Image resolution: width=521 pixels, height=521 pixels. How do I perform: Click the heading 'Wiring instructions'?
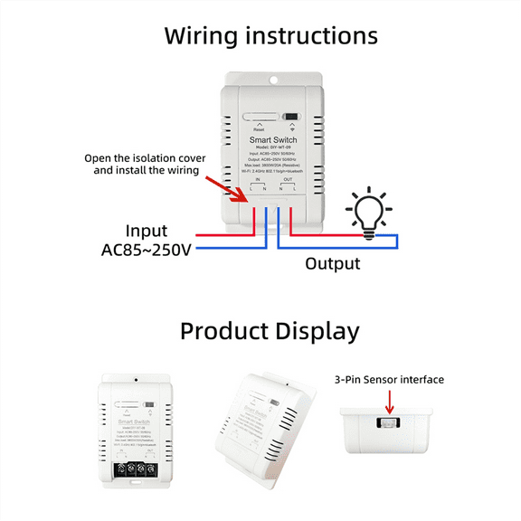point(270,37)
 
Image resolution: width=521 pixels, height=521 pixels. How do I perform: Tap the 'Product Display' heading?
point(270,331)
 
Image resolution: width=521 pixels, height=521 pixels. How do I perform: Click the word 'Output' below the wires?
point(332,264)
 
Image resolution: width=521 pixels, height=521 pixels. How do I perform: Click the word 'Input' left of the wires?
point(147,231)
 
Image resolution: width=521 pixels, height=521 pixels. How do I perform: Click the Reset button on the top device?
point(260,118)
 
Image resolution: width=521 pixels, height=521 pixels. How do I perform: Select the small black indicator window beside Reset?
point(290,118)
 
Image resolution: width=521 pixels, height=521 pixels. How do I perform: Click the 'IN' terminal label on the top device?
point(257,179)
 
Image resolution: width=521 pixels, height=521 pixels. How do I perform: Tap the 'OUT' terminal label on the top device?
point(288,179)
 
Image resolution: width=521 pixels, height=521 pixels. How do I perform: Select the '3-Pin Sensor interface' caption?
point(389,380)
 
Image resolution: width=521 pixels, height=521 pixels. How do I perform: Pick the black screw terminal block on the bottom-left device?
point(133,469)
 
